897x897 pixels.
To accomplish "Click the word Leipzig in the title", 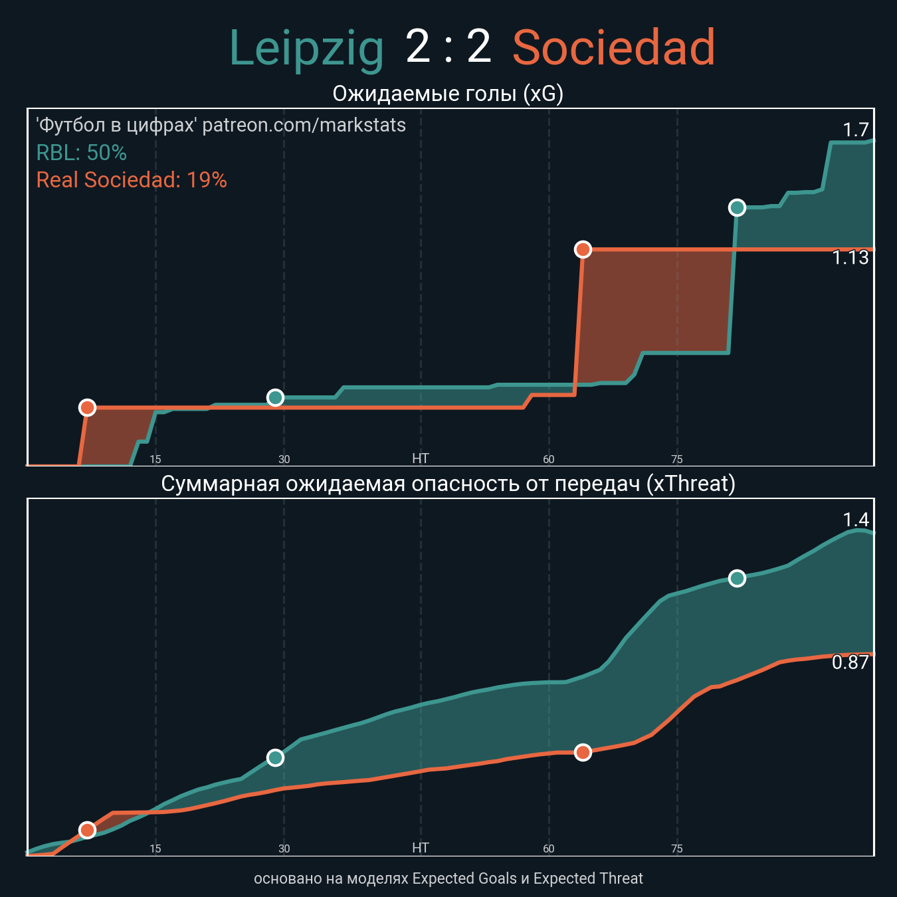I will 306,49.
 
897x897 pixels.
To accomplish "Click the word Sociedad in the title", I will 613,49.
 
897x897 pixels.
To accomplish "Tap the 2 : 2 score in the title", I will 448,48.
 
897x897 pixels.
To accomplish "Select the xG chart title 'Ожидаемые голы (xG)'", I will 448,94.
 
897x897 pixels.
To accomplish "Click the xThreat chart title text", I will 448,484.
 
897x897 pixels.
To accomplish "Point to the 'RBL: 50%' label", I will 81,153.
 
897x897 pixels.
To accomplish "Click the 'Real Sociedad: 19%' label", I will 132,180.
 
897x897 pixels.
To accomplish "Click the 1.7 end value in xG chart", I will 856,130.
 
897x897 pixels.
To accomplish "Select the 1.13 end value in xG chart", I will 850,258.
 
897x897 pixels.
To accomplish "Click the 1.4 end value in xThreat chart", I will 856,520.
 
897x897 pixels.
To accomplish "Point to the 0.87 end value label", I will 850,662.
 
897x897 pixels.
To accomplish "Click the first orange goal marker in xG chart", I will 87,407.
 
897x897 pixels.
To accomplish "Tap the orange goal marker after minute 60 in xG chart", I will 583,249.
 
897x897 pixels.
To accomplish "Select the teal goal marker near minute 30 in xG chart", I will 275,397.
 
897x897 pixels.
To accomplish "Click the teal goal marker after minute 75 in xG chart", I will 737,208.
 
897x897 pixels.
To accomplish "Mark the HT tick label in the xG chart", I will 421,458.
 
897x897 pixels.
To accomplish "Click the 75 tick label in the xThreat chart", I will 677,848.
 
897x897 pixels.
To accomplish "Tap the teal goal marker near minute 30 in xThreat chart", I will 275,757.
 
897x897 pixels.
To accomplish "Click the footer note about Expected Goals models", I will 448,878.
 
